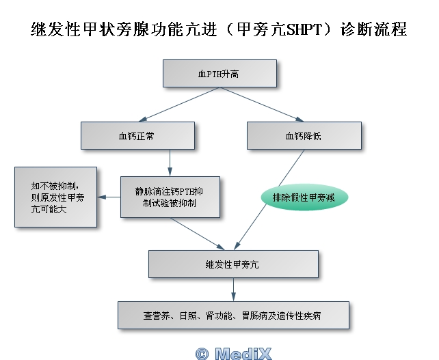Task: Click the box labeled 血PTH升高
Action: point(219,73)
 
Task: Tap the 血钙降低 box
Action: point(303,136)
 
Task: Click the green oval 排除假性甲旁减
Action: point(304,197)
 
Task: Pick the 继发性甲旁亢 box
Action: point(233,264)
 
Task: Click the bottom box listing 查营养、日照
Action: point(233,316)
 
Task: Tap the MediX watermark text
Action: point(243,352)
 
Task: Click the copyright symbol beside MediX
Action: point(202,353)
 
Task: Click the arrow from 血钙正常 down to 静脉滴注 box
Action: point(170,163)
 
